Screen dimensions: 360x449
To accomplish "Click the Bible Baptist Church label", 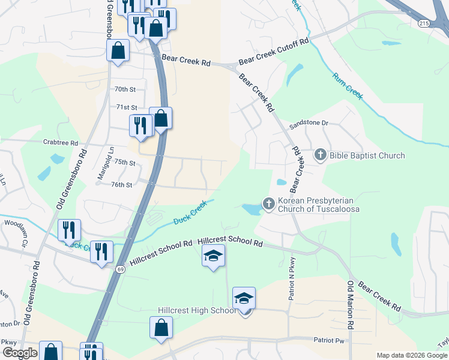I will point(367,156).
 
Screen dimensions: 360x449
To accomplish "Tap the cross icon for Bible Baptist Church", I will point(320,155).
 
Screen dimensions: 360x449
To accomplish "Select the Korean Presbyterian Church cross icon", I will point(268,204).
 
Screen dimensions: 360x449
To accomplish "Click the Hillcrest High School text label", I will point(197,310).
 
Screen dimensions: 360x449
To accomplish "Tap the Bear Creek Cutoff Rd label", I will point(273,52).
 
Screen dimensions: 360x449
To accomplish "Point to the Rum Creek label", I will point(348,85).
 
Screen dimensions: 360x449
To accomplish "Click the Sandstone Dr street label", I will point(309,124).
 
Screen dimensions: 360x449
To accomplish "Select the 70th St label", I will point(125,89).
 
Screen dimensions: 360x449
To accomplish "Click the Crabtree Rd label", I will point(61,143).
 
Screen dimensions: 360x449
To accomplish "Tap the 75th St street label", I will point(125,163).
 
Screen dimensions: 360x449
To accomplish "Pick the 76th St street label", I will point(121,185).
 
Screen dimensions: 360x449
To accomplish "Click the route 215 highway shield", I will point(424,22).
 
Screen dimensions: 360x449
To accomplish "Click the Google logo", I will point(20,353).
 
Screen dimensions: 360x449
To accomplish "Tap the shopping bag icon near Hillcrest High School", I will point(161,329).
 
